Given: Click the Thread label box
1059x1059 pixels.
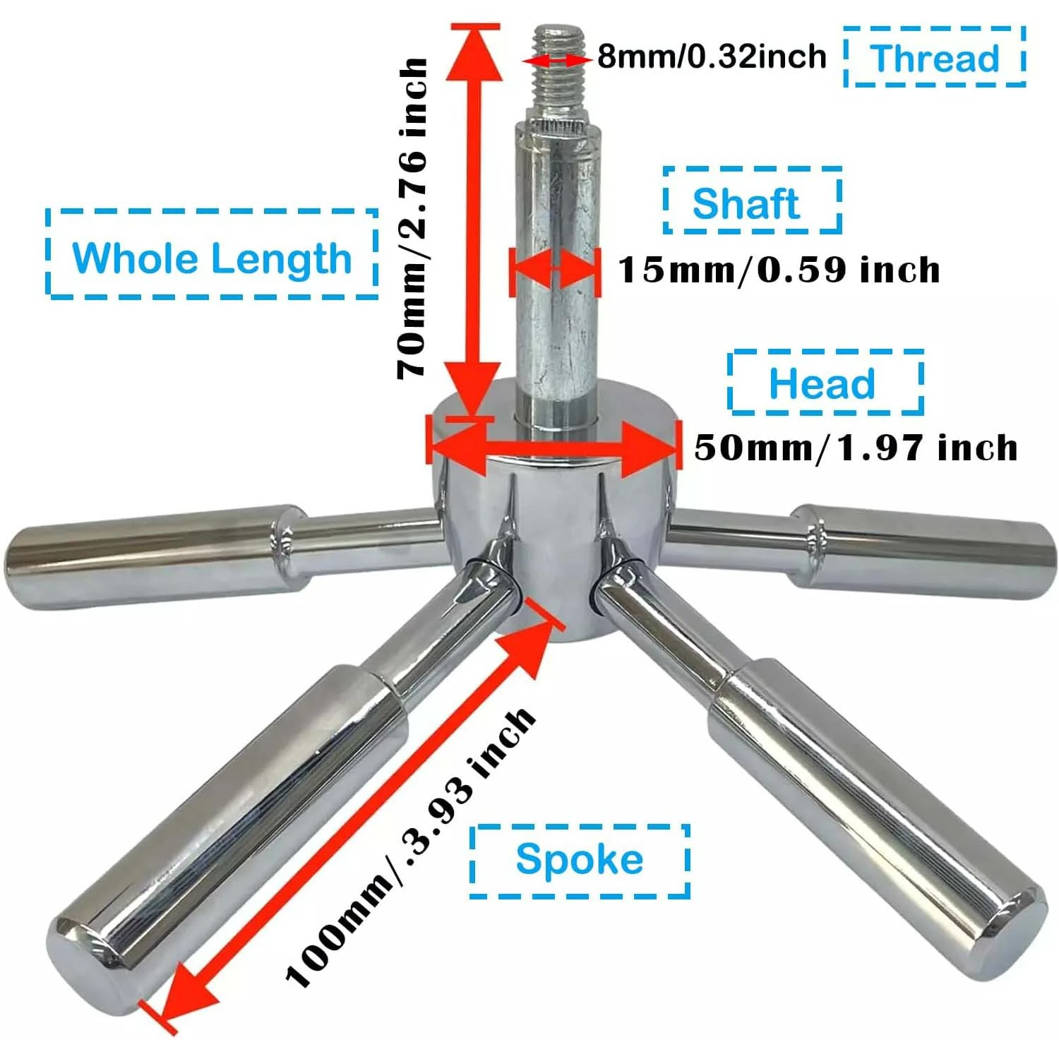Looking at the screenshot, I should pos(934,57).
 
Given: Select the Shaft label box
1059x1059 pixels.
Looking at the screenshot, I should pos(752,202).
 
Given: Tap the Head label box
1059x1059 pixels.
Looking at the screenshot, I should pos(825,383).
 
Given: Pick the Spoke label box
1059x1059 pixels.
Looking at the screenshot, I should pos(579,861).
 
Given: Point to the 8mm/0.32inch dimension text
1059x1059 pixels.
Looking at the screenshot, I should pos(712,56).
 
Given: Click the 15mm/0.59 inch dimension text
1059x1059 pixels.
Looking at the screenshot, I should pos(779,270).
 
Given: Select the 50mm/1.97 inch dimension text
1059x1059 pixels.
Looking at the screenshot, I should pos(856,448).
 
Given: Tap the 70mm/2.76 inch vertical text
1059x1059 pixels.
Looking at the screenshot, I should pos(413,219).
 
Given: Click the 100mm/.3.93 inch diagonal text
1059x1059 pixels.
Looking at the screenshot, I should pos(409,847).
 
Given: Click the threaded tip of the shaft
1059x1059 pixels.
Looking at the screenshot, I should pos(559,64).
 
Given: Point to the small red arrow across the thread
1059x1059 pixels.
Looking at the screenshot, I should pos(558,61).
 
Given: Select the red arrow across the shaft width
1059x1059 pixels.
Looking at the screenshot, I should pos(555,270).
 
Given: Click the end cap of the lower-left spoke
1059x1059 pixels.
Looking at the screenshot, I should pos(92,960).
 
